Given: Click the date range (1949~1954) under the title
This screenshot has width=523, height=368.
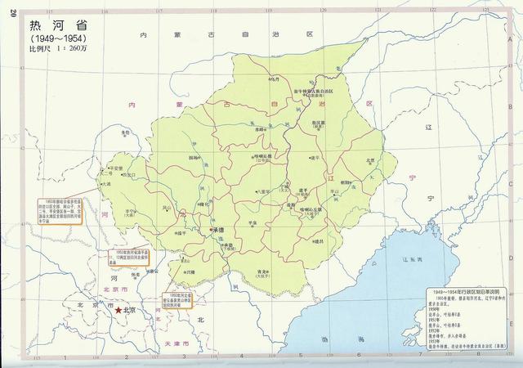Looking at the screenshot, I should pos(59,38).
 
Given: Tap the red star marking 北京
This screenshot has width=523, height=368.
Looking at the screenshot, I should pos(118,311).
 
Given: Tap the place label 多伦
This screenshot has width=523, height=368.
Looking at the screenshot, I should pos(125,132).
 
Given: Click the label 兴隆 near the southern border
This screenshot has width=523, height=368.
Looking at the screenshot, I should pos(190,272).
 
